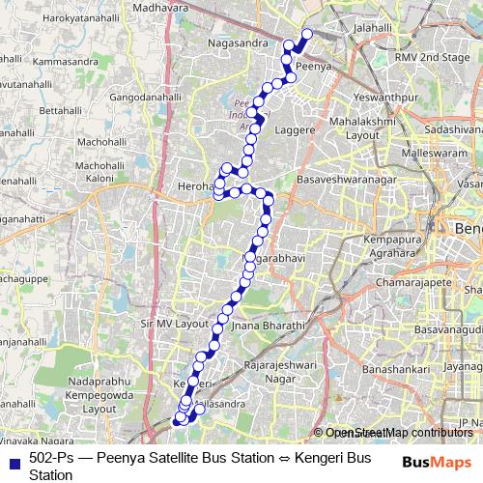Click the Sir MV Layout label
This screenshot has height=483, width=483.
[175, 324]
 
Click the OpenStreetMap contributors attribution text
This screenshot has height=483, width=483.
[398, 433]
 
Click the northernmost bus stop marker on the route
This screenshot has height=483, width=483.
[308, 35]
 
